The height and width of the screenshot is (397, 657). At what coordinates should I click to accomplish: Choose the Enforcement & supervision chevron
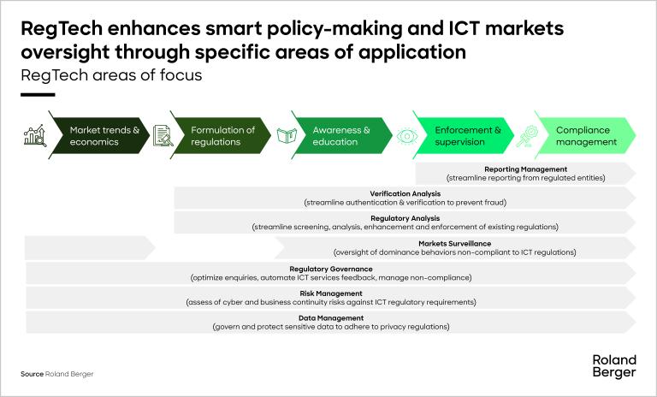[x=467, y=136]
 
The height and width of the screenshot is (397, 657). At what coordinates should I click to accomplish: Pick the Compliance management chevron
[x=587, y=136]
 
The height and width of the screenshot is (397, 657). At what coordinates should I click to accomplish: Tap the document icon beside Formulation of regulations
[x=163, y=136]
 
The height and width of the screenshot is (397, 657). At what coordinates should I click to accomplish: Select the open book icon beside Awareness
[x=285, y=136]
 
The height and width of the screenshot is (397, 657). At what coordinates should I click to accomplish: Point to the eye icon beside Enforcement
[x=407, y=136]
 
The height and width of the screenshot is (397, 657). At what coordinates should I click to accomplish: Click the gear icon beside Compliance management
[x=527, y=136]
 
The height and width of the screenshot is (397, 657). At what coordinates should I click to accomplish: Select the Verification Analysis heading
[x=405, y=194]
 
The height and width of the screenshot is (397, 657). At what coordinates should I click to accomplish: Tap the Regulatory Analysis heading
[x=405, y=219]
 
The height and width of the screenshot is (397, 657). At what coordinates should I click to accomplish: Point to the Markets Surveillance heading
[x=454, y=244]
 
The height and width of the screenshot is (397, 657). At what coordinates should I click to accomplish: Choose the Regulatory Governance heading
[x=330, y=269]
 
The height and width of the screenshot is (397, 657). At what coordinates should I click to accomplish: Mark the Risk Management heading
[x=330, y=293]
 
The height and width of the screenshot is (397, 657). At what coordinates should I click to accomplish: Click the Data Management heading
[x=330, y=318]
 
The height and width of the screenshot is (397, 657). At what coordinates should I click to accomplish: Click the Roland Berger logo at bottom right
[x=613, y=365]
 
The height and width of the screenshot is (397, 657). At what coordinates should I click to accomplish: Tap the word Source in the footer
[x=32, y=375]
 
